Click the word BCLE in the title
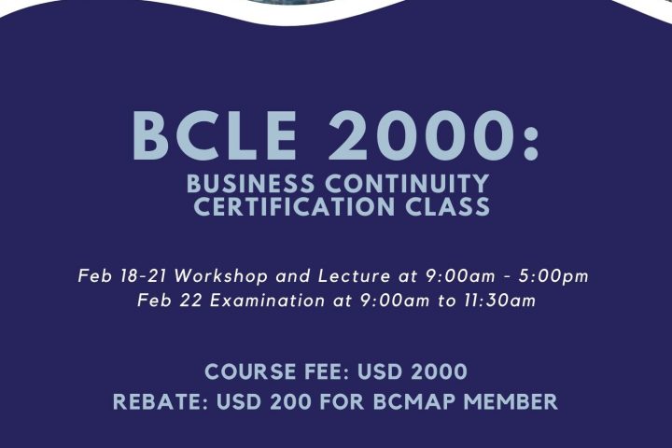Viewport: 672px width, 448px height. (215, 135)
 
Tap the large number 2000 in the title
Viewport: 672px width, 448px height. (421, 135)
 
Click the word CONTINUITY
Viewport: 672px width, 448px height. (407, 184)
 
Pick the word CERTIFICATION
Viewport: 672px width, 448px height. (294, 206)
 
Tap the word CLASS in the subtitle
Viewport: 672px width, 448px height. (447, 206)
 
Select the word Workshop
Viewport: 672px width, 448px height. (221, 276)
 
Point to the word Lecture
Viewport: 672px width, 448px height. (355, 275)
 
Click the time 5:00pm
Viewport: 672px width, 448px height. (553, 276)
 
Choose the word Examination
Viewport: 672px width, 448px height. (268, 301)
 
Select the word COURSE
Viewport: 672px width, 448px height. (250, 371)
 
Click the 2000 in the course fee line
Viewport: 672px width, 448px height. (439, 371)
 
